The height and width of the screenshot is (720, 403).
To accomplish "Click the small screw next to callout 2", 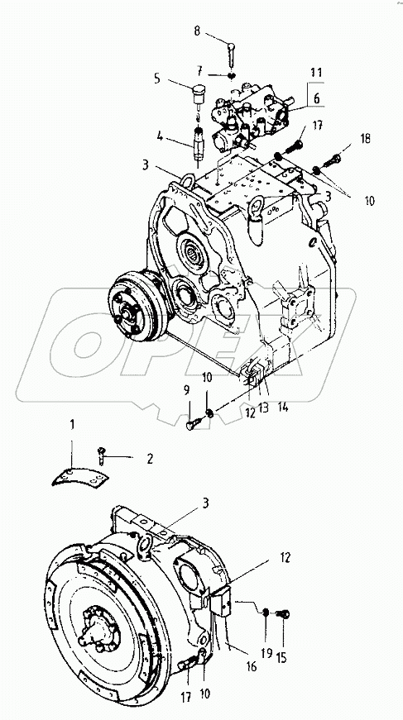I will (x=102, y=451).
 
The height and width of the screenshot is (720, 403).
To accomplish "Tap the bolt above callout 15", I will (x=281, y=613).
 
